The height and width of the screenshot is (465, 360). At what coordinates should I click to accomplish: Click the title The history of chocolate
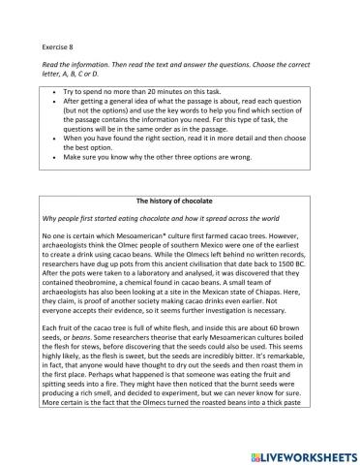[x=181, y=201]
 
